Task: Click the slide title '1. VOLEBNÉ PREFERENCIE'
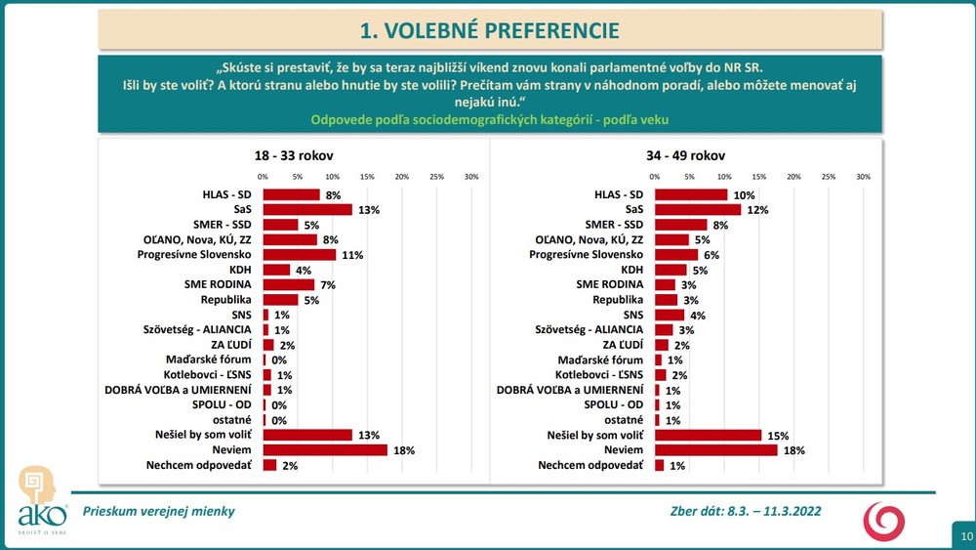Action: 489,30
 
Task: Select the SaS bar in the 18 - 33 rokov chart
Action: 307,209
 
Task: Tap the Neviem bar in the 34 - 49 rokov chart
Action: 715,449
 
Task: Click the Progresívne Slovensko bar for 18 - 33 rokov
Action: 300,254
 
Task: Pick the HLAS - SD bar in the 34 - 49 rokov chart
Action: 690,194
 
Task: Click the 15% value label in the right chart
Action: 777,435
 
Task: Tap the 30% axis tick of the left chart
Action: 471,177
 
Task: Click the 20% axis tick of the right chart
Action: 793,177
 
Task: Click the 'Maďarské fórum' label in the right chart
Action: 606,360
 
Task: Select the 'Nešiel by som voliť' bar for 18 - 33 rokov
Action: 307,435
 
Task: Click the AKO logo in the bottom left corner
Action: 42,498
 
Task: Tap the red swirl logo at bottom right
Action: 883,521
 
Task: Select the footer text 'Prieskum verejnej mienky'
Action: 158,511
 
